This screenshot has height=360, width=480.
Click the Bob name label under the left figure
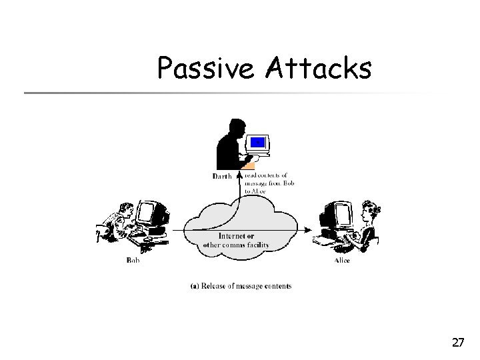point(133,260)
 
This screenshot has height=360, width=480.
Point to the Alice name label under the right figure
point(342,260)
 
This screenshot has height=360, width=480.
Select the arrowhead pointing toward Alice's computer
point(307,230)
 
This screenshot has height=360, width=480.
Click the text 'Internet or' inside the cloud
point(237,237)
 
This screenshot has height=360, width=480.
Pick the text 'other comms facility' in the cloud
point(237,245)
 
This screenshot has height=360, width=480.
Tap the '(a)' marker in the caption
point(194,287)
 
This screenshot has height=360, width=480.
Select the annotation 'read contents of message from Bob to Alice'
point(265,183)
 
